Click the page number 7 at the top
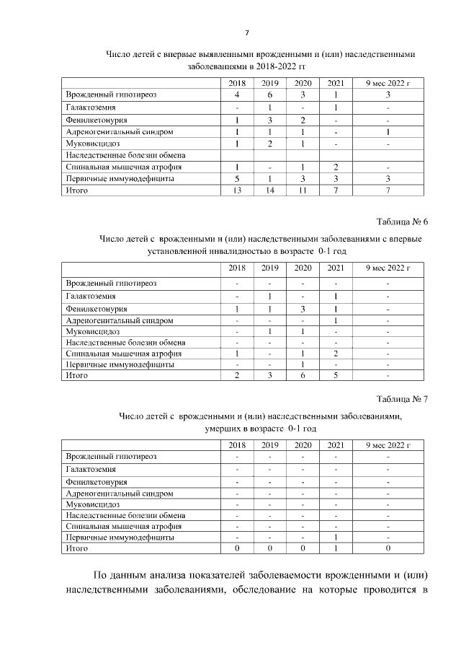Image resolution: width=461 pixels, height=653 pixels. (x=247, y=33)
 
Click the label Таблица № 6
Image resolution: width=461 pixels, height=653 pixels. (x=402, y=221)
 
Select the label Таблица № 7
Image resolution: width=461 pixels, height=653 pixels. (x=402, y=398)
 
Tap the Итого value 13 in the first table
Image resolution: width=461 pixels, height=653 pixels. (x=237, y=190)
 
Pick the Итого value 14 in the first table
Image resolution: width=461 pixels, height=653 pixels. (x=269, y=190)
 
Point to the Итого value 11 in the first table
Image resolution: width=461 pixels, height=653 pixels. (x=303, y=190)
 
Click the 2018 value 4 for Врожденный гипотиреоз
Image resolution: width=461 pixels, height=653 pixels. (x=237, y=95)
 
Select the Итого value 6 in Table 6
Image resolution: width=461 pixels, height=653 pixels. (x=303, y=375)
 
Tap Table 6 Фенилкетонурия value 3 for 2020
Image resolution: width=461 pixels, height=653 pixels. (x=303, y=309)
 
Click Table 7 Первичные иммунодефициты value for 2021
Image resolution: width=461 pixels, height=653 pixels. (x=336, y=538)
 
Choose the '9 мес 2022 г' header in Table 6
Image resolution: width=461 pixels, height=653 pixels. (x=388, y=268)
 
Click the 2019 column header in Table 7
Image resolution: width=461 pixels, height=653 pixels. (x=269, y=445)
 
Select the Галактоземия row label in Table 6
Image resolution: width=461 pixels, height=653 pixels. (x=90, y=296)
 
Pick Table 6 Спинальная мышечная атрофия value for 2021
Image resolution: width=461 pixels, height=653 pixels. (x=336, y=354)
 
